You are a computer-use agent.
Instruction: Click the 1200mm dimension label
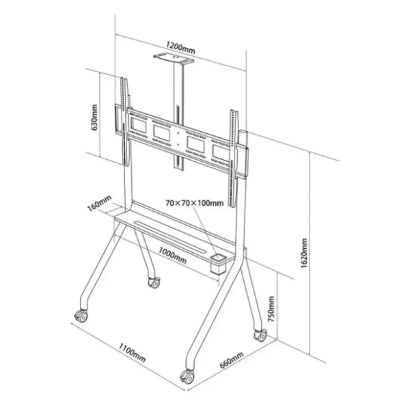[180, 48]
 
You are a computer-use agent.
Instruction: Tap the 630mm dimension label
[94, 118]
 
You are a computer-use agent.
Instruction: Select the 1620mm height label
[304, 253]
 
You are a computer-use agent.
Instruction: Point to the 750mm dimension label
[272, 309]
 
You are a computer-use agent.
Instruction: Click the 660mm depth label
[232, 360]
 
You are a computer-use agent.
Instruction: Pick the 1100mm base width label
[132, 353]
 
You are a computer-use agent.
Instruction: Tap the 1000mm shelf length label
[173, 256]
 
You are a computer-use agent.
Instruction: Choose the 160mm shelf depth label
[99, 203]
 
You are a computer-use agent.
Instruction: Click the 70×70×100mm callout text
[195, 203]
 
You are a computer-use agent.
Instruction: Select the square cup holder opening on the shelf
[219, 258]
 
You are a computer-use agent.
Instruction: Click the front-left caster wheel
[81, 316]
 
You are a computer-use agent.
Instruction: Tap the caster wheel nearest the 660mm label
[187, 377]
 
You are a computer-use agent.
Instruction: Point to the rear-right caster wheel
[260, 335]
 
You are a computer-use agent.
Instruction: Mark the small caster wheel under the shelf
[154, 282]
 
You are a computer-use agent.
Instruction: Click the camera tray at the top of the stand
[174, 59]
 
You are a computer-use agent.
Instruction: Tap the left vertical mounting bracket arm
[125, 122]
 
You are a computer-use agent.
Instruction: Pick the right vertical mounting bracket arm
[234, 159]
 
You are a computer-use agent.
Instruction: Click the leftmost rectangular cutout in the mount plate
[138, 125]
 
